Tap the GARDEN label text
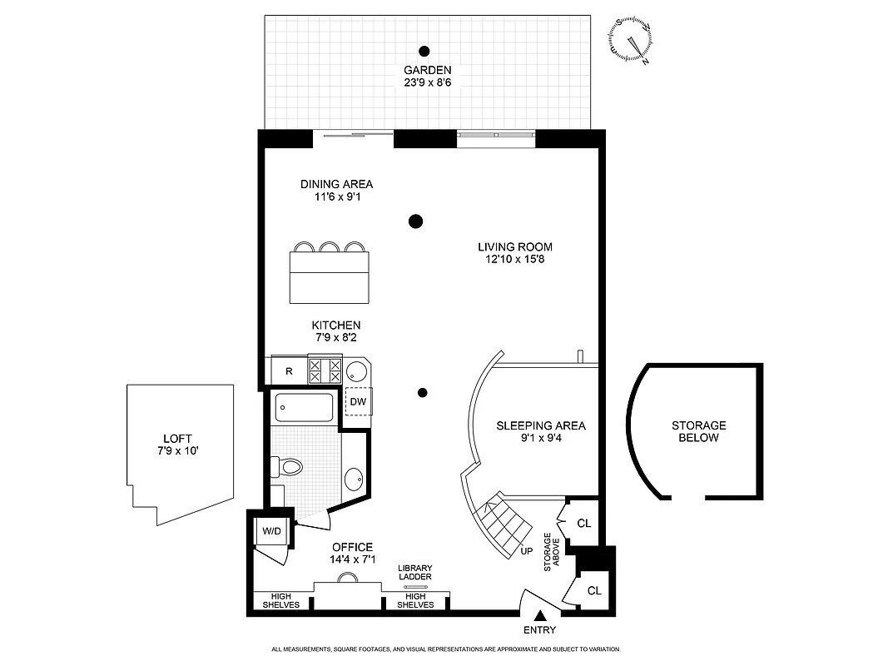coord(427,70)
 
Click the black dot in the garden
coord(424,50)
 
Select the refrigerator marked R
coord(288,370)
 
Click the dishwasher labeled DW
coord(358,402)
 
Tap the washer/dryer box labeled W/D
coord(271,530)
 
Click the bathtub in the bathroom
coord(304,408)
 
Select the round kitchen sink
coord(358,371)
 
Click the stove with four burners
coord(325,370)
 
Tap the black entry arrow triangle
coord(540,615)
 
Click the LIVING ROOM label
coord(514,246)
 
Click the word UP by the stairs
coord(526,551)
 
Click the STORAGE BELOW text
coord(699,431)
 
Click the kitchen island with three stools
coord(330,276)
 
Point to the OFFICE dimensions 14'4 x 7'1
coord(353,559)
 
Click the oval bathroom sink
coord(354,480)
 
